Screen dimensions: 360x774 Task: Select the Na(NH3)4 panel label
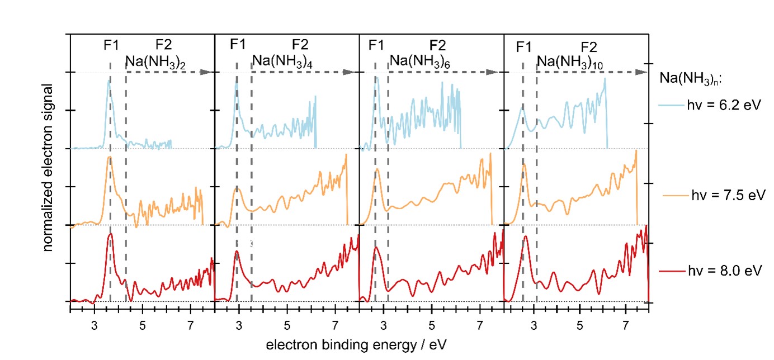pyautogui.click(x=282, y=61)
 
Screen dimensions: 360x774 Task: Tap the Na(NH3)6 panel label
pyautogui.click(x=420, y=61)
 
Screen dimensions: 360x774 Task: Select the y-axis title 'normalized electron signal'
pyautogui.click(x=49, y=168)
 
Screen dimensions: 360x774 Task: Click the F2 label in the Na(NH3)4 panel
pyautogui.click(x=300, y=45)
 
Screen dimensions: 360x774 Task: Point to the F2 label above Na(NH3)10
pyautogui.click(x=589, y=46)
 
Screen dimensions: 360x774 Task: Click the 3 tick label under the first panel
pyautogui.click(x=95, y=324)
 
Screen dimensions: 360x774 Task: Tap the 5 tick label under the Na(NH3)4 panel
pyautogui.click(x=287, y=324)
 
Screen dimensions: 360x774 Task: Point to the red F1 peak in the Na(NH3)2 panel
pyautogui.click(x=110, y=235)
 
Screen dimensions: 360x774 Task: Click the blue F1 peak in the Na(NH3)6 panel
pyautogui.click(x=377, y=78)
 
